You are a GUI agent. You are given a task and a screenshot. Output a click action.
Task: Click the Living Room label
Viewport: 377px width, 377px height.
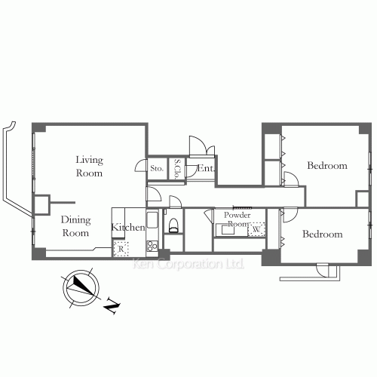coord(89,166)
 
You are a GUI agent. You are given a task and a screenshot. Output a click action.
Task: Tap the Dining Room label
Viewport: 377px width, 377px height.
coord(75,226)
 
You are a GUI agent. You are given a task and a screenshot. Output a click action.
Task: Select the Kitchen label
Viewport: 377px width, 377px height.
coord(127,227)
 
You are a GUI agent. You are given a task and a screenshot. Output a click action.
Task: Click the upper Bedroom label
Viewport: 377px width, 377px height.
coord(327,166)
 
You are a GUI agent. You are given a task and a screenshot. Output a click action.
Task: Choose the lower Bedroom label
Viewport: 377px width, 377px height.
coord(323,234)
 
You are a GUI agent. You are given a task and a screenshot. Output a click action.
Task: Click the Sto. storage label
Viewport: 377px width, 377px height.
coord(157,169)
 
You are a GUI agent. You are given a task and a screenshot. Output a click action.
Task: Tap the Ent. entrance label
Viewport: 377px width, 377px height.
coord(204,169)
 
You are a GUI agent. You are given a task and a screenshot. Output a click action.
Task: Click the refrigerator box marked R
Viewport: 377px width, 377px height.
coord(121,248)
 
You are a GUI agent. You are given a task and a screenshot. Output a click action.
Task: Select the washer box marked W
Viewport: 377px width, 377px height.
coord(256,228)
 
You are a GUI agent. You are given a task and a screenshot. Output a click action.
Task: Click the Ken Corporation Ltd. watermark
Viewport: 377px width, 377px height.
coord(188,265)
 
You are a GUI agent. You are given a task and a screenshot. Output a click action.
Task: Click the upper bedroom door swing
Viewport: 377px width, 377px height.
coord(289,178)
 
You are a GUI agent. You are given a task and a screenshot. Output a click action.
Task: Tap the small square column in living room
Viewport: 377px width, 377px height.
coord(41,204)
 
